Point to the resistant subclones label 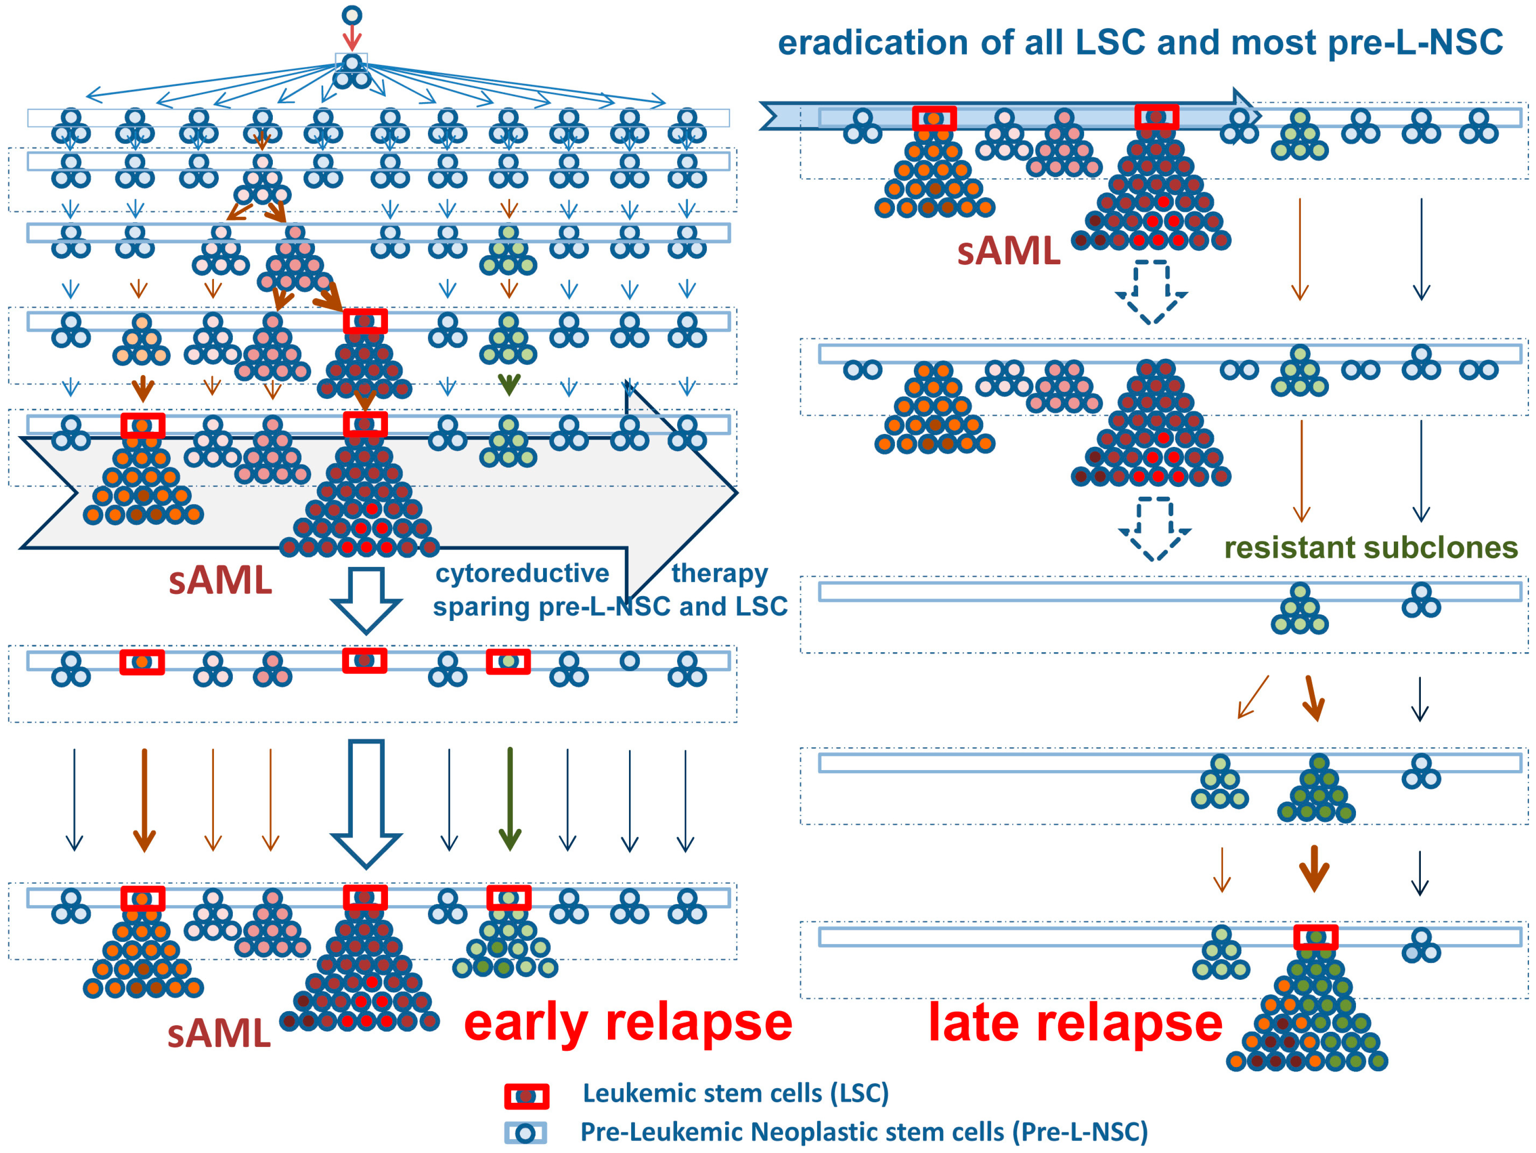pos(1371,548)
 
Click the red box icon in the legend pos(526,1096)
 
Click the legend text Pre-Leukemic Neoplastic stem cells pos(864,1132)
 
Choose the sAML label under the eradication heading pos(1008,251)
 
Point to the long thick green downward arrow pos(510,799)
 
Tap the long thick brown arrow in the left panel pos(144,799)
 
